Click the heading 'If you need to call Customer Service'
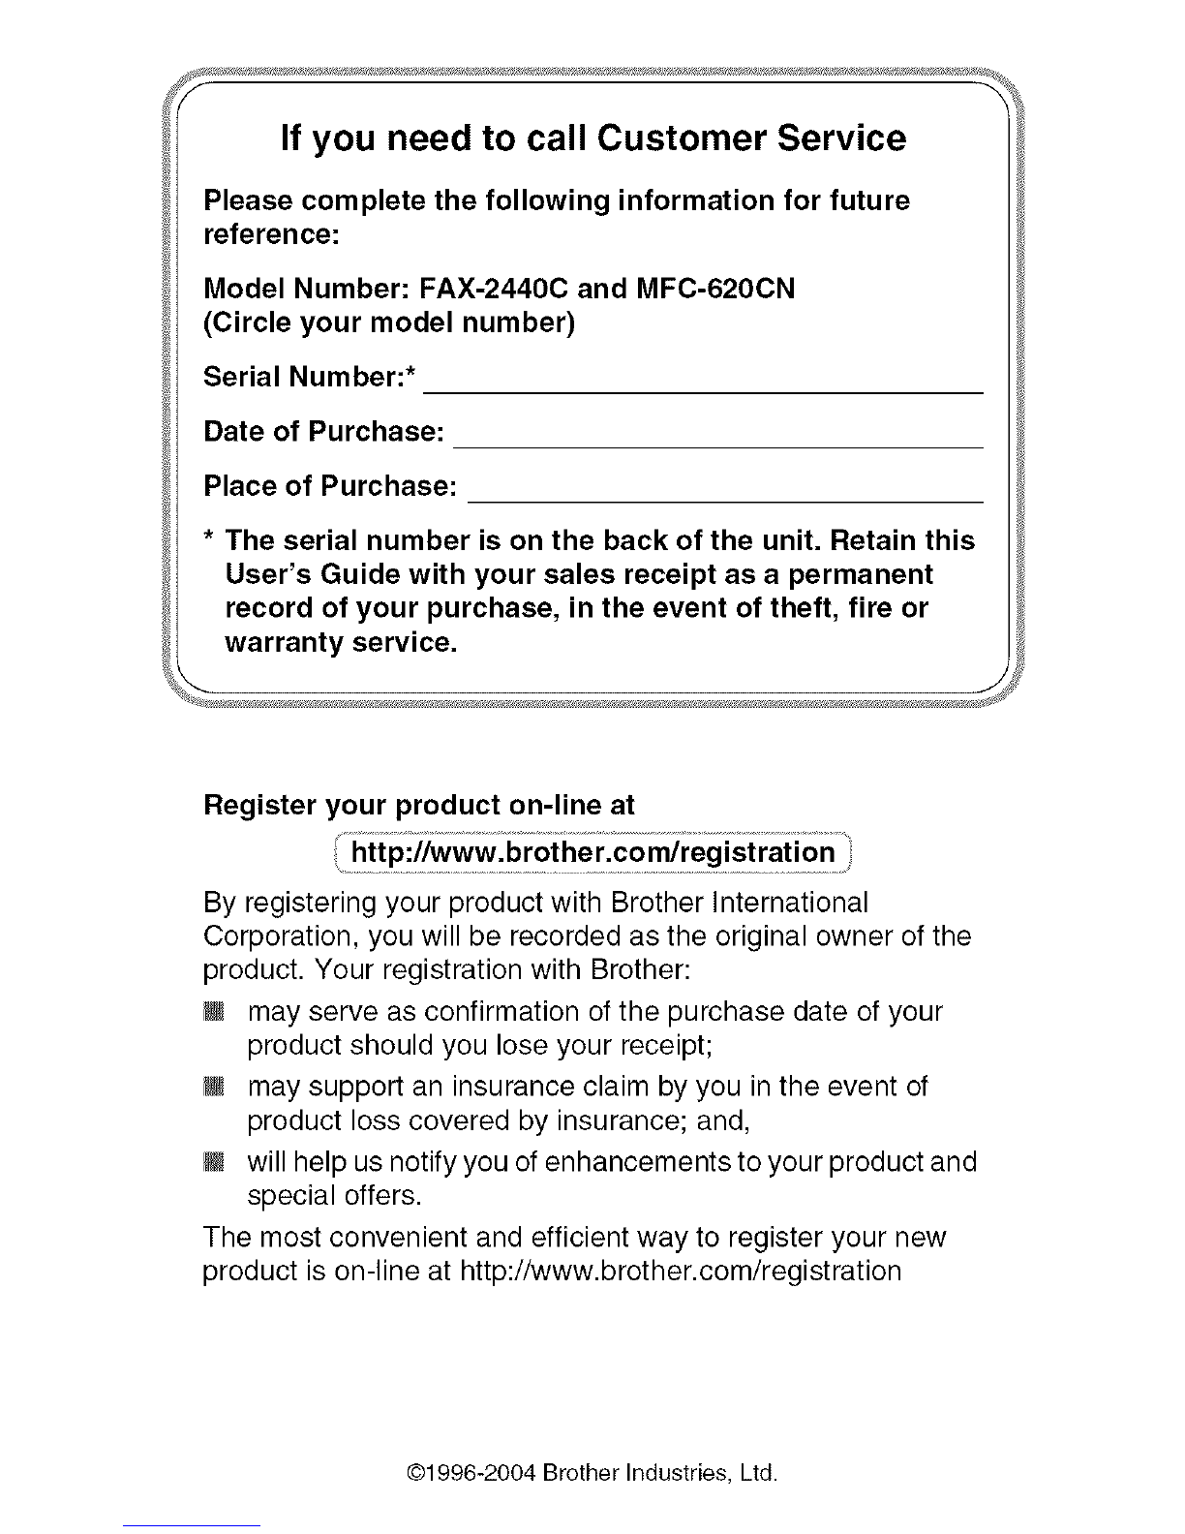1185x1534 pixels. pos(592,138)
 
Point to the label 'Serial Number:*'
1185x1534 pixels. pos(309,377)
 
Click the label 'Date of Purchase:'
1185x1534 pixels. pos(324,431)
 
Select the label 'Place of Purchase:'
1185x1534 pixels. pos(330,485)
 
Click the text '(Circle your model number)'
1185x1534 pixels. pos(389,322)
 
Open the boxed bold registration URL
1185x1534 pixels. pos(592,852)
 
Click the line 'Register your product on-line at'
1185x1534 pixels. pos(419,805)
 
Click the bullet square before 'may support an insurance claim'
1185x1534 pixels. pos(214,1088)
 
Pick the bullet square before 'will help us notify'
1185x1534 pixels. pos(214,1162)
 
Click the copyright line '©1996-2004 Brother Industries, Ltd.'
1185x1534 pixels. pos(592,1475)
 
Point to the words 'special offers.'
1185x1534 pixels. pos(334,1196)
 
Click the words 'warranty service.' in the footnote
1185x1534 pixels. pos(340,643)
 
